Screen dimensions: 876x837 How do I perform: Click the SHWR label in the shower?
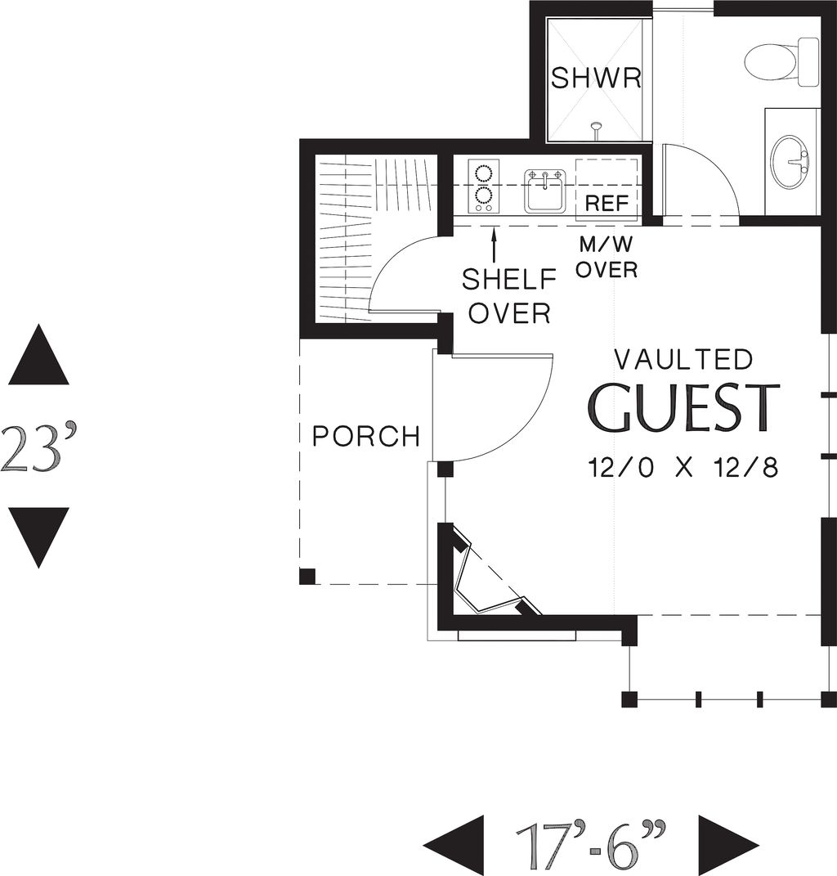[x=595, y=79]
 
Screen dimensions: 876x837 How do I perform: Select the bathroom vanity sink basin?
[x=789, y=161]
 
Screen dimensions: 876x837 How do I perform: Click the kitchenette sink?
[x=544, y=190]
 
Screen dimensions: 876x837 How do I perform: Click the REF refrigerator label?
[x=606, y=204]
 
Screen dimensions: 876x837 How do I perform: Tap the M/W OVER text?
[x=606, y=257]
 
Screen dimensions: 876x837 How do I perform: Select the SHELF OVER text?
[x=508, y=295]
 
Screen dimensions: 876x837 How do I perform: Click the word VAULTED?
[x=683, y=359]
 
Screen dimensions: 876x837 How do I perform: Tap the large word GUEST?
[x=683, y=408]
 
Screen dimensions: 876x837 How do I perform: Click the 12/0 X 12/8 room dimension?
[x=683, y=468]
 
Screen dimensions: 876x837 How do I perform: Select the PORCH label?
[x=366, y=436]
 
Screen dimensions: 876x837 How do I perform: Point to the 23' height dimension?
[x=39, y=447]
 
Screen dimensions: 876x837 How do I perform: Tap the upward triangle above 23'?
[x=38, y=356]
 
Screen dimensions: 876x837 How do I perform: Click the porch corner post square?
[x=307, y=577]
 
